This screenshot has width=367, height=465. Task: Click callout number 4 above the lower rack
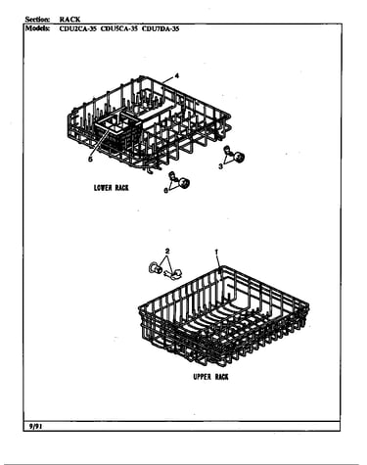tap(177, 76)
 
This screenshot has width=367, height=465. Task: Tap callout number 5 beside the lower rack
tap(90, 160)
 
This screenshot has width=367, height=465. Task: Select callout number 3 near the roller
tap(221, 166)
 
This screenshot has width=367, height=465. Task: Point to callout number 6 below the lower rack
tap(166, 191)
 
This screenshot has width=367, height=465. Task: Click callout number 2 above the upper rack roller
tap(167, 251)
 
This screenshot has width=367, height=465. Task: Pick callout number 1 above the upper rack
tap(216, 252)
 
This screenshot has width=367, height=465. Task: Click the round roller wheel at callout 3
tap(240, 158)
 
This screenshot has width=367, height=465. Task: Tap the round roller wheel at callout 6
tap(184, 183)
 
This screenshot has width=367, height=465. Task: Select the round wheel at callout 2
tap(156, 268)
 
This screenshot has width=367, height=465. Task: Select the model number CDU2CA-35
tap(78, 28)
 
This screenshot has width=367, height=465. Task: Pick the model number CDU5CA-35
tap(119, 28)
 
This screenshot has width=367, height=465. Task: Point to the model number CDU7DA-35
tap(161, 28)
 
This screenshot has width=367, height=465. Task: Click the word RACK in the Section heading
tap(69, 20)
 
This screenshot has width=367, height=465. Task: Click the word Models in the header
tap(38, 28)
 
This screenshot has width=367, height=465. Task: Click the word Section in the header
tap(37, 20)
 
